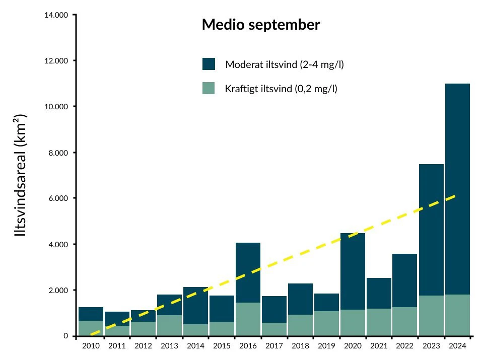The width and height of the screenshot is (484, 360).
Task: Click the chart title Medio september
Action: [x=260, y=25]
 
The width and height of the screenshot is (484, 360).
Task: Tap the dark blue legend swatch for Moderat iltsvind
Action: [x=209, y=64]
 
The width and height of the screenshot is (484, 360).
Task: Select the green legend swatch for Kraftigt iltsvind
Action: [x=209, y=88]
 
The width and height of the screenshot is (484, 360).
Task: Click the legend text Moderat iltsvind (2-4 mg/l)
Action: [x=285, y=64]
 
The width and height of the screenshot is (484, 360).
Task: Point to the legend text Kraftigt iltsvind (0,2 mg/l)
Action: [x=281, y=89]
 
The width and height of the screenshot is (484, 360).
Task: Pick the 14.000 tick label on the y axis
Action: [x=55, y=15]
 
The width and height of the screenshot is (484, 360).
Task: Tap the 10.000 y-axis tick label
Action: [x=55, y=107]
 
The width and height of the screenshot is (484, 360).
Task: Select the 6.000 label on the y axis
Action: [x=57, y=198]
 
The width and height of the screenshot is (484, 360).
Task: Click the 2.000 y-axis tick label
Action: [x=57, y=291]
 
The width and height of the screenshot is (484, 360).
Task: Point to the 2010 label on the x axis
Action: [x=91, y=346]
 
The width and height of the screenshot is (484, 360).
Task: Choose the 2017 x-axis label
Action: [x=274, y=346]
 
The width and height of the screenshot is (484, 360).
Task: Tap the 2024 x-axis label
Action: [x=457, y=346]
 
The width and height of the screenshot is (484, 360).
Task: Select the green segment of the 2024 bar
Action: [x=457, y=315]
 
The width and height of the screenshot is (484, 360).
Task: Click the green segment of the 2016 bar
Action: [x=248, y=319]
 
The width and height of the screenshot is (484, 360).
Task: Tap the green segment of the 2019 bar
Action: [x=326, y=323]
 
